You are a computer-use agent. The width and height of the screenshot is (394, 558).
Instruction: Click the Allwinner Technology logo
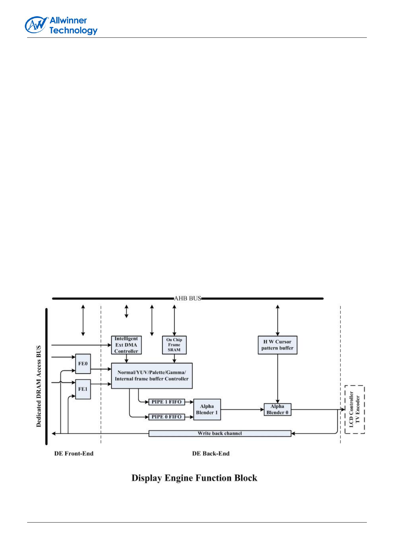[61, 26]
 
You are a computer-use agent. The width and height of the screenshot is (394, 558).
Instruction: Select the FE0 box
[83, 363]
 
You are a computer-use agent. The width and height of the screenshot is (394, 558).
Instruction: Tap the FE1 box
[83, 389]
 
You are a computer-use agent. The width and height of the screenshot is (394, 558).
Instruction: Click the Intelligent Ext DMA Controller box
[126, 345]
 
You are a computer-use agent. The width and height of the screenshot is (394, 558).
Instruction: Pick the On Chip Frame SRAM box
[174, 345]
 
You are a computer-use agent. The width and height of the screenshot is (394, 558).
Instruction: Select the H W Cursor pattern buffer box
[277, 345]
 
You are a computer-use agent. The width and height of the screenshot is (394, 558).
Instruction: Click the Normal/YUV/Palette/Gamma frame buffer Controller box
[152, 376]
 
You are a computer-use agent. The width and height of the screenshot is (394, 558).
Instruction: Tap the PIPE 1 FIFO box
[166, 402]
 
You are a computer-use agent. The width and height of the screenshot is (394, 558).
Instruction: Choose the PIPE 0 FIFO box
[166, 417]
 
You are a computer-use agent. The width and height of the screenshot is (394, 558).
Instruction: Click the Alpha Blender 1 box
[207, 410]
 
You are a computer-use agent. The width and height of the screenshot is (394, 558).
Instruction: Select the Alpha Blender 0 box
[277, 410]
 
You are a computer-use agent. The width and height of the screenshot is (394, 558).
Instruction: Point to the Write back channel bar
[220, 433]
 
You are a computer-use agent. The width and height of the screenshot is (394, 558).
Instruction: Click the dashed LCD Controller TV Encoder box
[354, 410]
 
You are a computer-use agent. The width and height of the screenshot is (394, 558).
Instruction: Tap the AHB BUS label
[188, 298]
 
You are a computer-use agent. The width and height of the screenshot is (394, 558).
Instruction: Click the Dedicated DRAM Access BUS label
[39, 386]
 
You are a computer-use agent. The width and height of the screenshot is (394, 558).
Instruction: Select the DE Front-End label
[74, 454]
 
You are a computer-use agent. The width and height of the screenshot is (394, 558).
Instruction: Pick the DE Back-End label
[211, 454]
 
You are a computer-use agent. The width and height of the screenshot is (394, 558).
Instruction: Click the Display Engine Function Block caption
[194, 478]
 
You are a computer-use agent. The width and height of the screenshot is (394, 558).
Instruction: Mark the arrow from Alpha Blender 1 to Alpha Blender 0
[242, 410]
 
